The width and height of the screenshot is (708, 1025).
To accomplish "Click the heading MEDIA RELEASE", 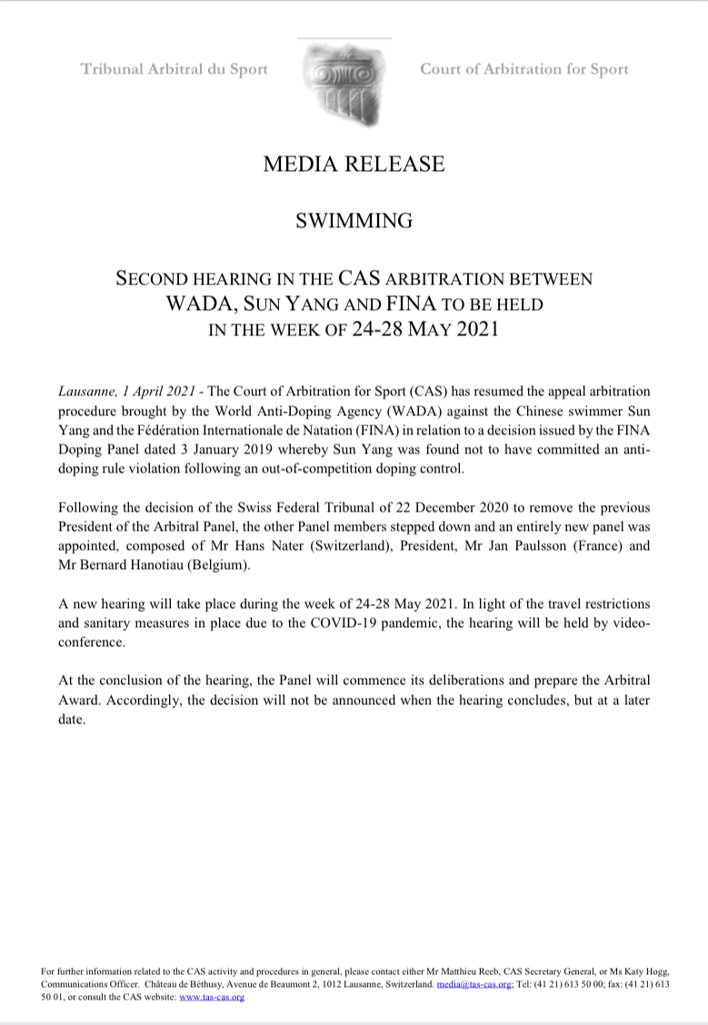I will coord(354,164).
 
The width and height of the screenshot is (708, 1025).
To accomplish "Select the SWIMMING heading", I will coord(354,221).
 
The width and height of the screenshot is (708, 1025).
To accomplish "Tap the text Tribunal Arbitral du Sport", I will coord(175,69).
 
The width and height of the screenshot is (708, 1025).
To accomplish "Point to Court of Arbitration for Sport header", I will coord(524,69).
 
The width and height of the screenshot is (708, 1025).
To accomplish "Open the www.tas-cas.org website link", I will coord(212,997).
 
